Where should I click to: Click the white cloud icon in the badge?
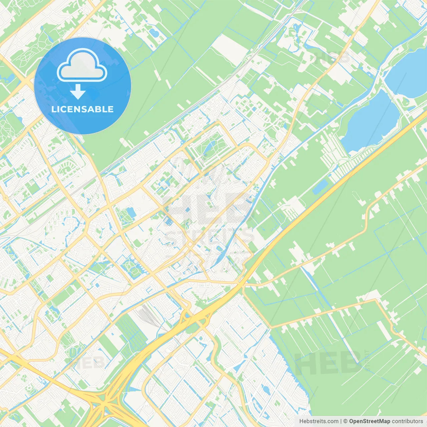tap(82, 65)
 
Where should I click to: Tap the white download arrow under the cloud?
tap(78, 92)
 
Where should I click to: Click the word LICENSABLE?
tap(82, 109)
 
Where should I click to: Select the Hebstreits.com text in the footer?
tap(319, 421)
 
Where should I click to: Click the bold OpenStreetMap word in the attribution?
tap(369, 421)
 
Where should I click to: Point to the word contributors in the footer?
tap(407, 421)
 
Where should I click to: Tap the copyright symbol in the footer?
tap(345, 421)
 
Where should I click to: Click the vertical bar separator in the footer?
tap(341, 421)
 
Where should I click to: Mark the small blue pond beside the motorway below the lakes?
tap(320, 187)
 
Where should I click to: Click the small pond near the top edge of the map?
tap(154, 33)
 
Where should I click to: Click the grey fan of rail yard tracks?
tap(147, 315)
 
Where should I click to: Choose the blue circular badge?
tap(82, 86)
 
